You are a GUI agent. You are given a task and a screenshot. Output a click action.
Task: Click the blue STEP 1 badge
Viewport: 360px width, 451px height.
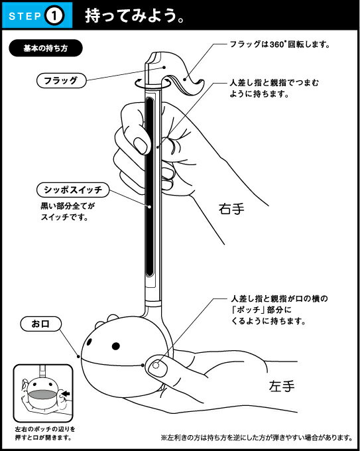pyautogui.click(x=37, y=15)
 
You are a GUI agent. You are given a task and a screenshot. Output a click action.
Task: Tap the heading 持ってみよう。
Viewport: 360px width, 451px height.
pyautogui.click(x=135, y=15)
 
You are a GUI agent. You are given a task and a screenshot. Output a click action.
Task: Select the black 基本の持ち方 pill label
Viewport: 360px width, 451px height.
pyautogui.click(x=46, y=48)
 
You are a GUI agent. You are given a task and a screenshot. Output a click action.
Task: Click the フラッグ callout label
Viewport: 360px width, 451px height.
pyautogui.click(x=61, y=80)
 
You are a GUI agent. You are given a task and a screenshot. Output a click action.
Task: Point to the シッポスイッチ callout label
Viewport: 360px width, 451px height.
pyautogui.click(x=73, y=190)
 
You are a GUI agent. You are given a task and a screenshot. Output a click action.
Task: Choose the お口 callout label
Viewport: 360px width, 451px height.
pyautogui.click(x=41, y=324)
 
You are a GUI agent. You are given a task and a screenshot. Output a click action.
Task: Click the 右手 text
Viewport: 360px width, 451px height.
pyautogui.click(x=231, y=208)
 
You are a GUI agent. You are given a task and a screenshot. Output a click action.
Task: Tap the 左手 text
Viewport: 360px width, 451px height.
pyautogui.click(x=282, y=386)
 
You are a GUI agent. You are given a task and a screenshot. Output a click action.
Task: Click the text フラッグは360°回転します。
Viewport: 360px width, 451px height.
pyautogui.click(x=280, y=44)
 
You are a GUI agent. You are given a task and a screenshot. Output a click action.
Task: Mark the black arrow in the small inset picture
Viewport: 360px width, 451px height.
pyautogui.click(x=66, y=393)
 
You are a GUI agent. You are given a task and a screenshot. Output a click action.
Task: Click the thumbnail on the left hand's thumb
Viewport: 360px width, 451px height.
pyautogui.click(x=156, y=366)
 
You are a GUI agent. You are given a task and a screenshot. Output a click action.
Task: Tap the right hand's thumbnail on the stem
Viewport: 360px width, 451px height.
pyautogui.click(x=141, y=145)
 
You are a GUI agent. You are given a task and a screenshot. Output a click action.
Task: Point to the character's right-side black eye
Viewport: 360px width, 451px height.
pyautogui.click(x=116, y=346)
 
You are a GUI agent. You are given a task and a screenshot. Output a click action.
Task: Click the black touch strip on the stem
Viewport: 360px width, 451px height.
pyautogui.click(x=150, y=187)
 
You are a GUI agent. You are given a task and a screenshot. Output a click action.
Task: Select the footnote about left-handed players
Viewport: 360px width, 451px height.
pyautogui.click(x=257, y=438)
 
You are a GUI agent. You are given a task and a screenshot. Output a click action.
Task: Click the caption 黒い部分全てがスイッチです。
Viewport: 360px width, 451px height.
pyautogui.click(x=68, y=211)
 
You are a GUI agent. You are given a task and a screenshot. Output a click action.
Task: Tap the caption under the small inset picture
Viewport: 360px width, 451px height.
pyautogui.click(x=45, y=433)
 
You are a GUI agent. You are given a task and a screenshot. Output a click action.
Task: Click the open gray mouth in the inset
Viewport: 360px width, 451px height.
pyautogui.click(x=42, y=395)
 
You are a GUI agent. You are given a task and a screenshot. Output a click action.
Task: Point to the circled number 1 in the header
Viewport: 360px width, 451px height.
pyautogui.click(x=54, y=16)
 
